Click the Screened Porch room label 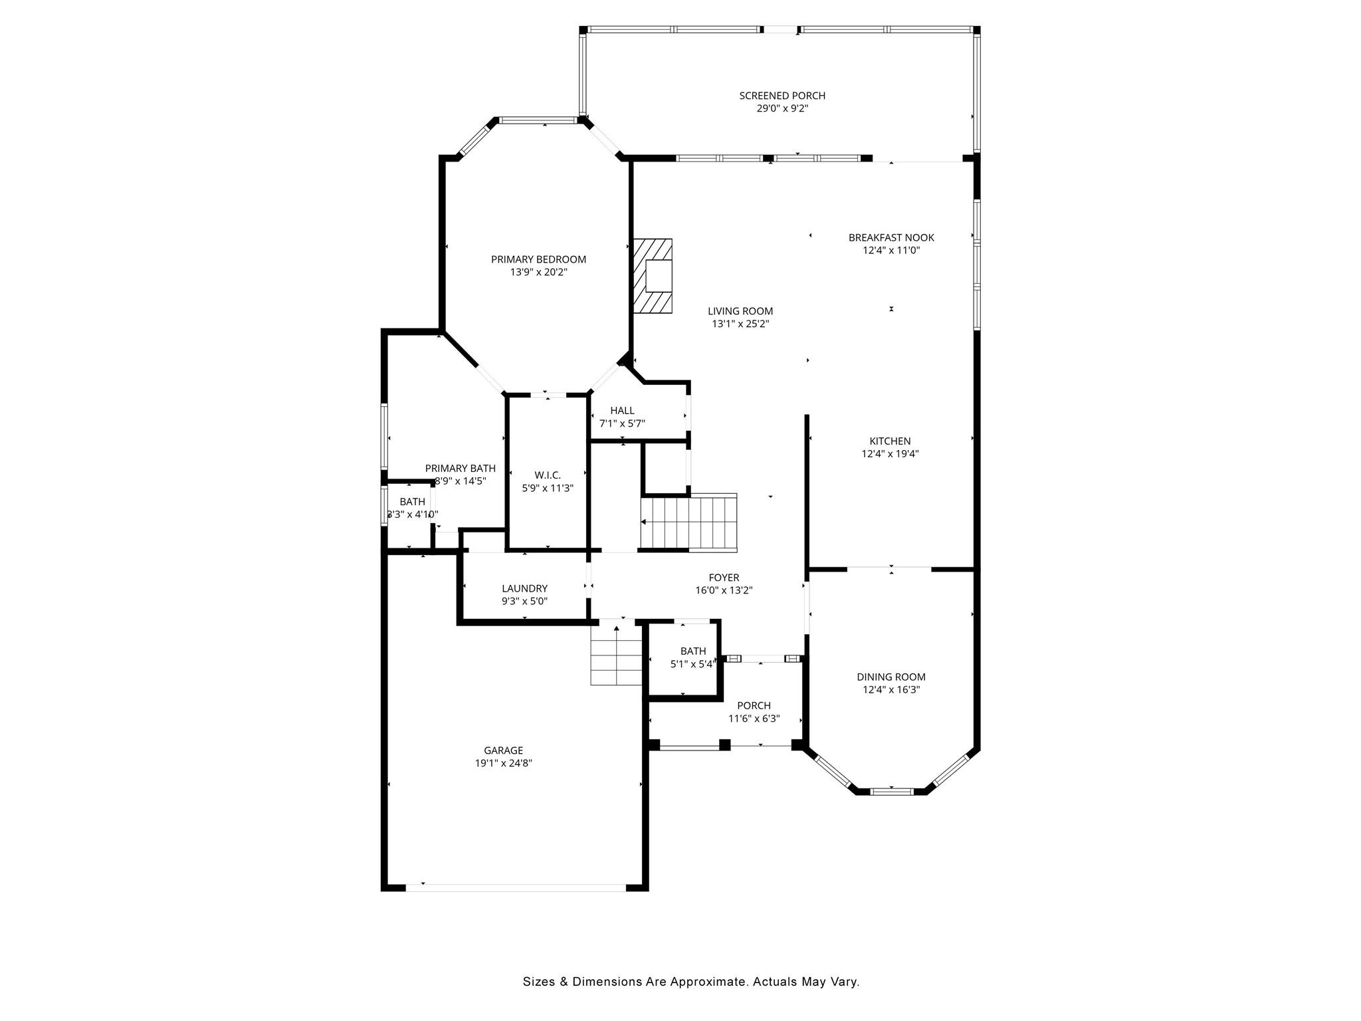(782, 96)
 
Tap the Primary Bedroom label (538, 259)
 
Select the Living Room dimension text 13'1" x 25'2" (740, 324)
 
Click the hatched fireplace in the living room (653, 275)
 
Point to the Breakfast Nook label (891, 237)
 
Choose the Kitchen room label (890, 441)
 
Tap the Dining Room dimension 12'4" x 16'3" (890, 690)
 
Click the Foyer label (724, 578)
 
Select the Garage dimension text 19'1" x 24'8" (503, 763)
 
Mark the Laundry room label (524, 588)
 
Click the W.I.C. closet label (548, 475)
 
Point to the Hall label (622, 410)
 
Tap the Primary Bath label (460, 468)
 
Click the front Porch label (754, 705)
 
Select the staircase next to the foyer (689, 522)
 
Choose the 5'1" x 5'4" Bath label (692, 651)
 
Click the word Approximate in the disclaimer (708, 981)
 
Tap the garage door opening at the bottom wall (516, 887)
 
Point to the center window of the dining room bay (891, 791)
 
